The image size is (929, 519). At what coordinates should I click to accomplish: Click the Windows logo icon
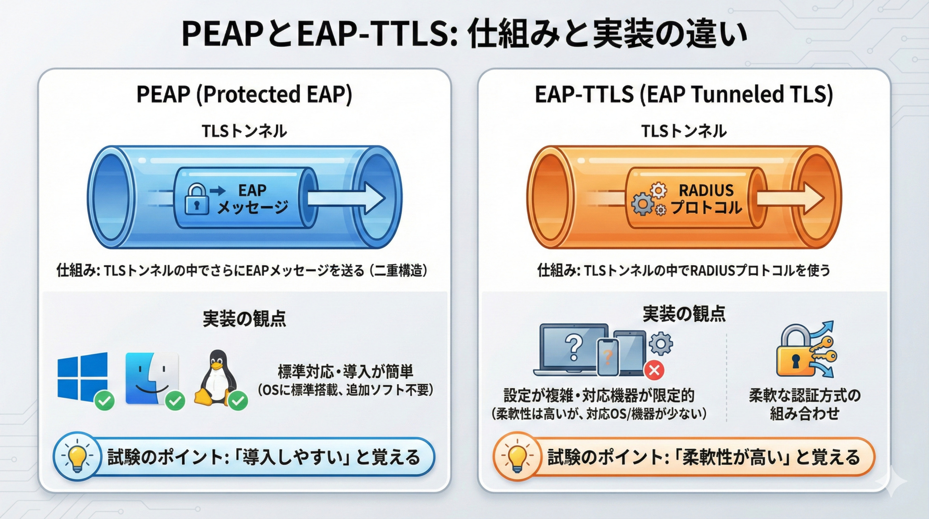click(83, 376)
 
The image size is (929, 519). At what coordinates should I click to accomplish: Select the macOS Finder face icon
click(152, 378)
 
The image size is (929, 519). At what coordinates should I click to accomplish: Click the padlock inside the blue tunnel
click(197, 198)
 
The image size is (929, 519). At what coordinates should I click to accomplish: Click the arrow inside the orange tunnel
click(790, 198)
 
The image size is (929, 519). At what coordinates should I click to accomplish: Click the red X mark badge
click(654, 370)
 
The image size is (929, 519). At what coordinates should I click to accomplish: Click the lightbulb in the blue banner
click(77, 456)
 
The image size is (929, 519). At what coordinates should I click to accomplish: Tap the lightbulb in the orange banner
click(517, 457)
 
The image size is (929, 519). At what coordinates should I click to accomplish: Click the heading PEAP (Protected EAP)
click(244, 94)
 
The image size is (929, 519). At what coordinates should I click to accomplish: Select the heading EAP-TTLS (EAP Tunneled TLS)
click(684, 94)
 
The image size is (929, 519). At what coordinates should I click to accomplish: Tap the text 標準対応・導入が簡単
click(346, 371)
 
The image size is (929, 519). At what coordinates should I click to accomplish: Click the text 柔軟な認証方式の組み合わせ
click(805, 404)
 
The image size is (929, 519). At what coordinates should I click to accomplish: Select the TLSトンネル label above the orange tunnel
click(684, 131)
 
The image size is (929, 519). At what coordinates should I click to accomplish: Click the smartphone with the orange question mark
click(608, 357)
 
